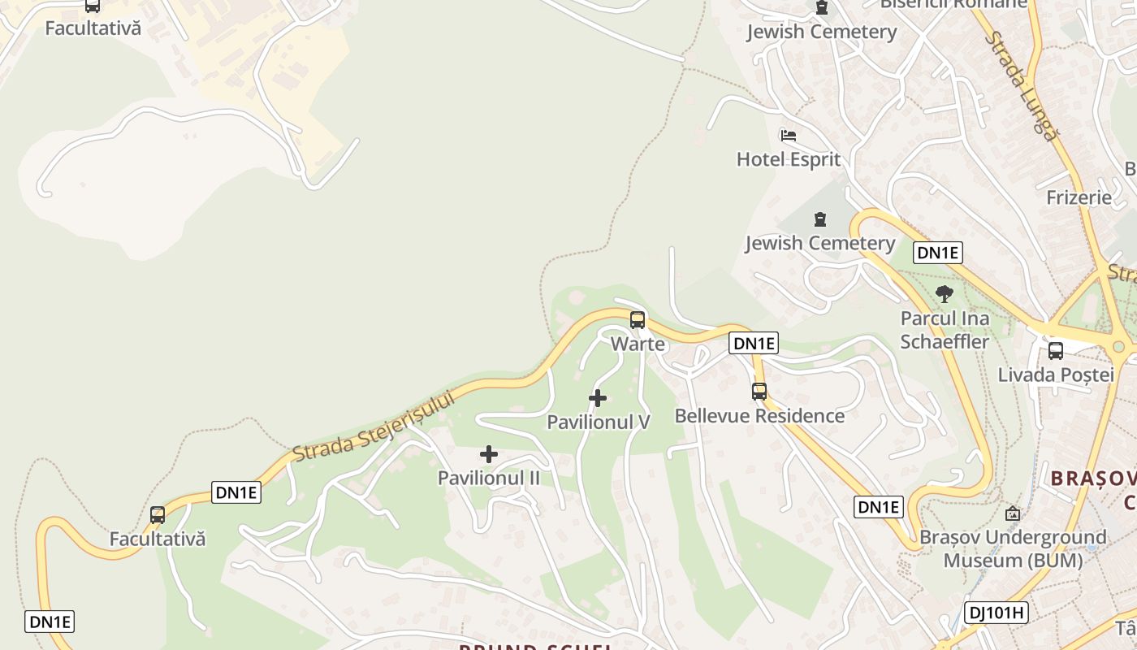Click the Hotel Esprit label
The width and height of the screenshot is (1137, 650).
[788, 159]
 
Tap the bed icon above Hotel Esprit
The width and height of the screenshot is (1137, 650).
[788, 136]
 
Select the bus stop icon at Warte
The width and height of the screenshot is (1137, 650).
[638, 319]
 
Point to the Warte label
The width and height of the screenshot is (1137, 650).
[638, 344]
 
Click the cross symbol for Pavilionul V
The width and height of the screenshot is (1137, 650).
[598, 398]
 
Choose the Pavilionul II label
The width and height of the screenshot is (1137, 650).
[488, 478]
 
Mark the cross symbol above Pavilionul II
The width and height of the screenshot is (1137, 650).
[489, 454]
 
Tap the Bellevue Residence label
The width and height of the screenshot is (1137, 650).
[759, 416]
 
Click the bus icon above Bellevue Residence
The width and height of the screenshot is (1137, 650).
[759, 392]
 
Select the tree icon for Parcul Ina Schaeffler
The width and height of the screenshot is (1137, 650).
[944, 294]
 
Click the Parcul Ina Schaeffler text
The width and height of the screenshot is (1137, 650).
[945, 329]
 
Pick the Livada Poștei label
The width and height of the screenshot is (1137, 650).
[1055, 375]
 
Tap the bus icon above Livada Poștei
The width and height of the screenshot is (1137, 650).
[1055, 351]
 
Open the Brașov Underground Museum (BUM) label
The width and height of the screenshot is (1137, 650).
[1012, 548]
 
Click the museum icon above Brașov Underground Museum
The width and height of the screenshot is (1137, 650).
[1012, 513]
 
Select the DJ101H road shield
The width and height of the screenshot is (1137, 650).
[996, 613]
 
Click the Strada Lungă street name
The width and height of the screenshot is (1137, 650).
[1023, 86]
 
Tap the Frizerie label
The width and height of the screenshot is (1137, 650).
[1079, 197]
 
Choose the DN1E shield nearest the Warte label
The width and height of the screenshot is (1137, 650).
[754, 343]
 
